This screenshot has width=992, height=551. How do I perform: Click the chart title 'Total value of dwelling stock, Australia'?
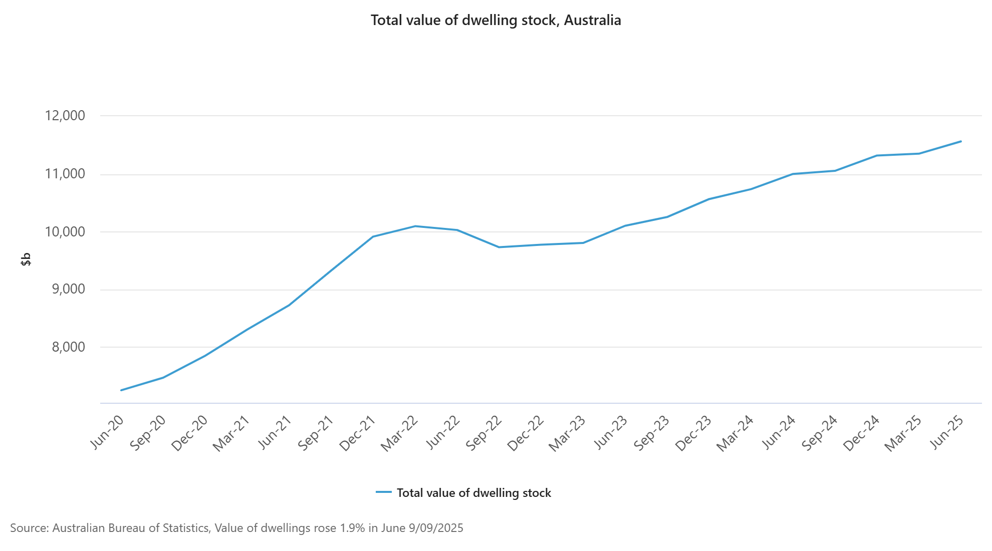tap(495, 21)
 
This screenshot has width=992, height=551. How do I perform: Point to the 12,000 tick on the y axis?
tap(65, 116)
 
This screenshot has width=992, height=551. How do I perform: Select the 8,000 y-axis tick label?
tap(69, 347)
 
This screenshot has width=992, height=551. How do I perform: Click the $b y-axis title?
tap(26, 259)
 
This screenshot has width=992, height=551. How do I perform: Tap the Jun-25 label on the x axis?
tap(947, 432)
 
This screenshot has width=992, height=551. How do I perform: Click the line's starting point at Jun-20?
tap(121, 390)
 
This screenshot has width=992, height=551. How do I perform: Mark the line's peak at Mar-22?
tap(415, 226)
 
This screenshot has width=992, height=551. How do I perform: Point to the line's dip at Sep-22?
tap(499, 247)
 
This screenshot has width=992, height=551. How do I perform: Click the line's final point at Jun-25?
tap(961, 141)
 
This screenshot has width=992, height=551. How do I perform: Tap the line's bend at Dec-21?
tap(373, 236)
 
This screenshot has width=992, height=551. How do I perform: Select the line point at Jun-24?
tap(793, 174)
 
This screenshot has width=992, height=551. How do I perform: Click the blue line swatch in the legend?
tap(384, 492)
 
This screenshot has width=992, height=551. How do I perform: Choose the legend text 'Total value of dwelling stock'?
tap(473, 493)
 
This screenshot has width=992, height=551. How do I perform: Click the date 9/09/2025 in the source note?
tap(436, 528)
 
